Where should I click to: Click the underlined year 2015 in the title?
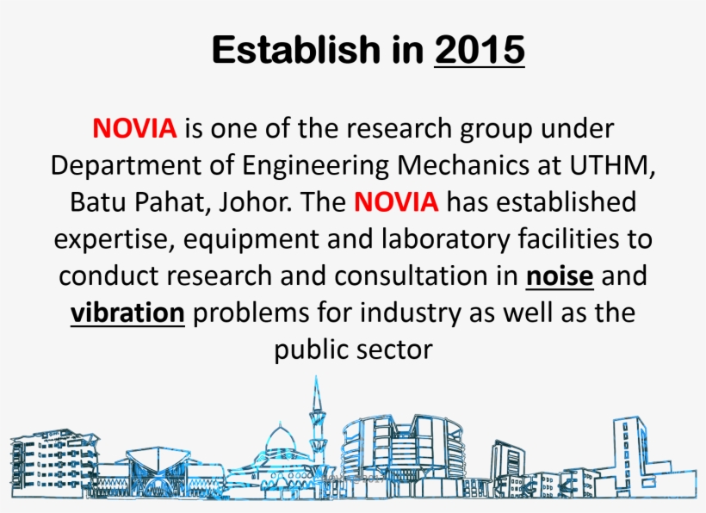[x=480, y=50]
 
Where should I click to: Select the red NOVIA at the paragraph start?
[x=134, y=128]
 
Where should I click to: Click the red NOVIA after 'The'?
[x=396, y=201]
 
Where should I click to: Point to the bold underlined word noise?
[x=560, y=275]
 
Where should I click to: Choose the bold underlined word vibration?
[x=128, y=312]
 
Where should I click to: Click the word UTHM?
[x=610, y=165]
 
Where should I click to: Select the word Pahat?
[x=173, y=202]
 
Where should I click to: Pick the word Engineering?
[x=315, y=165]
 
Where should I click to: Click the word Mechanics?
[x=463, y=165]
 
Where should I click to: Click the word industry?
[x=410, y=312]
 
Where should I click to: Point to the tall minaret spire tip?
[x=316, y=376]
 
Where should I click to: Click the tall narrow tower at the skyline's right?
[x=629, y=454]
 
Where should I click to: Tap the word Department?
[x=126, y=165]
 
